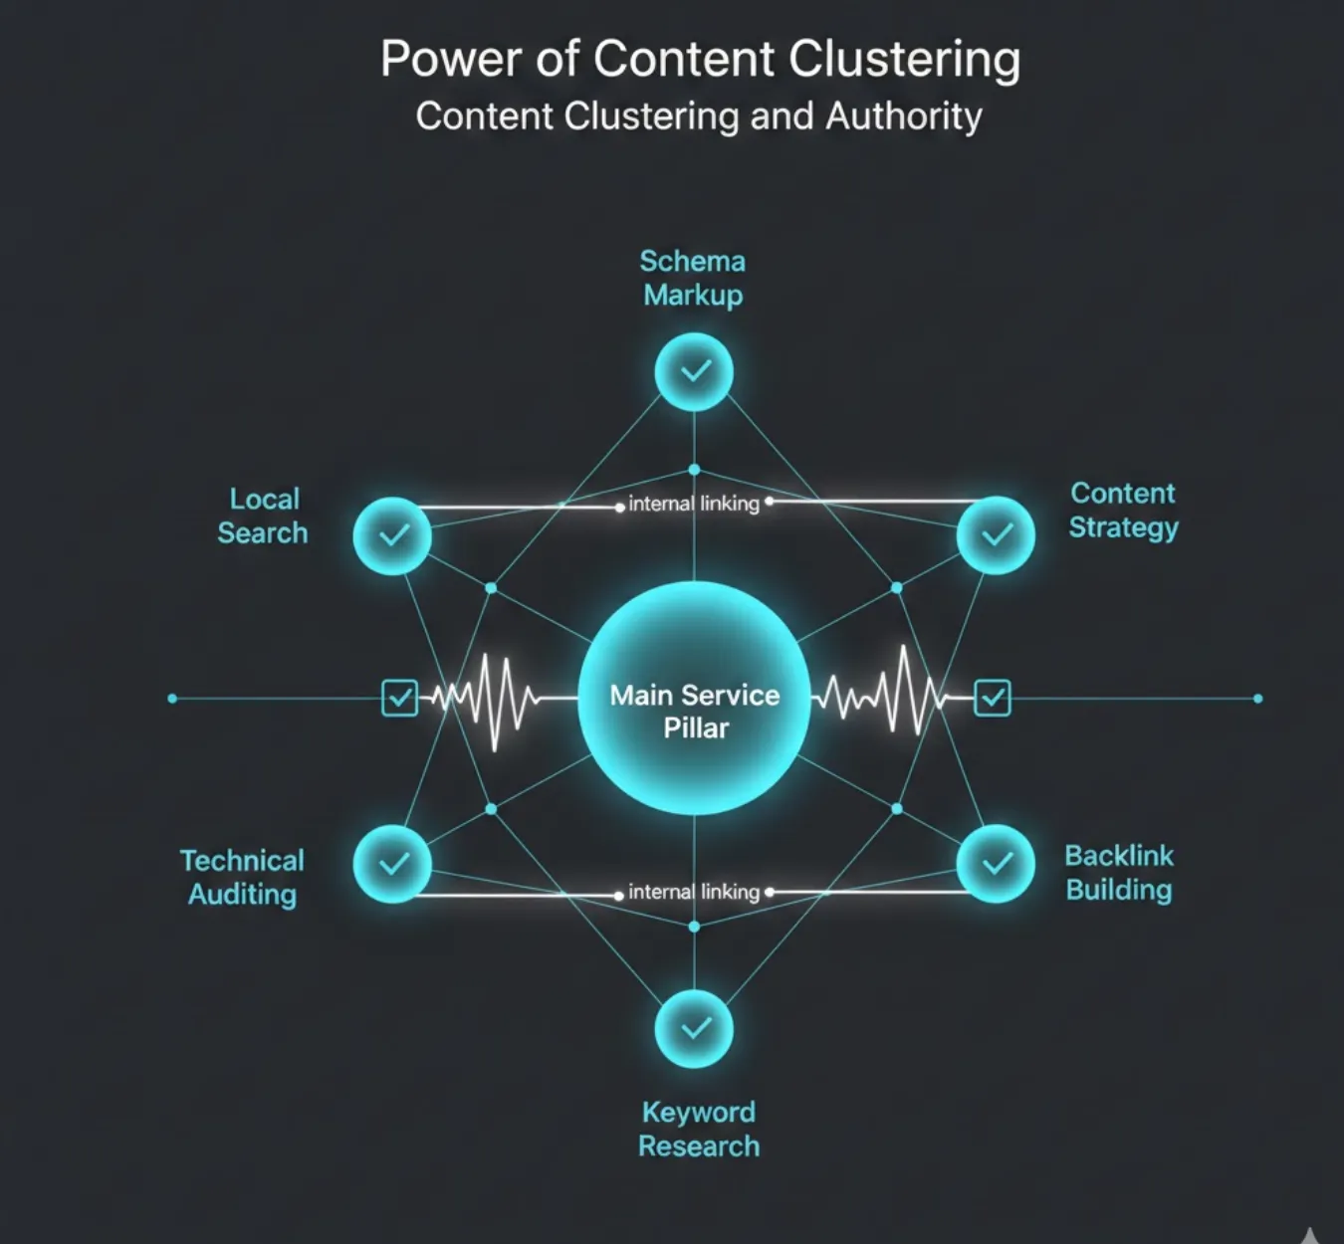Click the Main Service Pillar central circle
click(694, 699)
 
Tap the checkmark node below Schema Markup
click(694, 372)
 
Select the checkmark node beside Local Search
click(392, 535)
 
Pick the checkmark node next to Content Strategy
click(996, 535)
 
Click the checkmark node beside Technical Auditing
click(392, 864)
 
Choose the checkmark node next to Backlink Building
click(996, 864)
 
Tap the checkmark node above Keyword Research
click(694, 1028)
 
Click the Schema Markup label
click(693, 278)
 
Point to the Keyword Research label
click(698, 1129)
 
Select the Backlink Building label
click(1119, 872)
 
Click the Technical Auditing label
click(242, 877)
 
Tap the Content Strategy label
click(1123, 510)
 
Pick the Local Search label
click(263, 516)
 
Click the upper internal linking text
click(694, 504)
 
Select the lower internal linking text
click(694, 892)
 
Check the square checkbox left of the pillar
click(399, 698)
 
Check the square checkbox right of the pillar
click(993, 698)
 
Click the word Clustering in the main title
click(905, 60)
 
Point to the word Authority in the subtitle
click(904, 116)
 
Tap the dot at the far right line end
click(1257, 699)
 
